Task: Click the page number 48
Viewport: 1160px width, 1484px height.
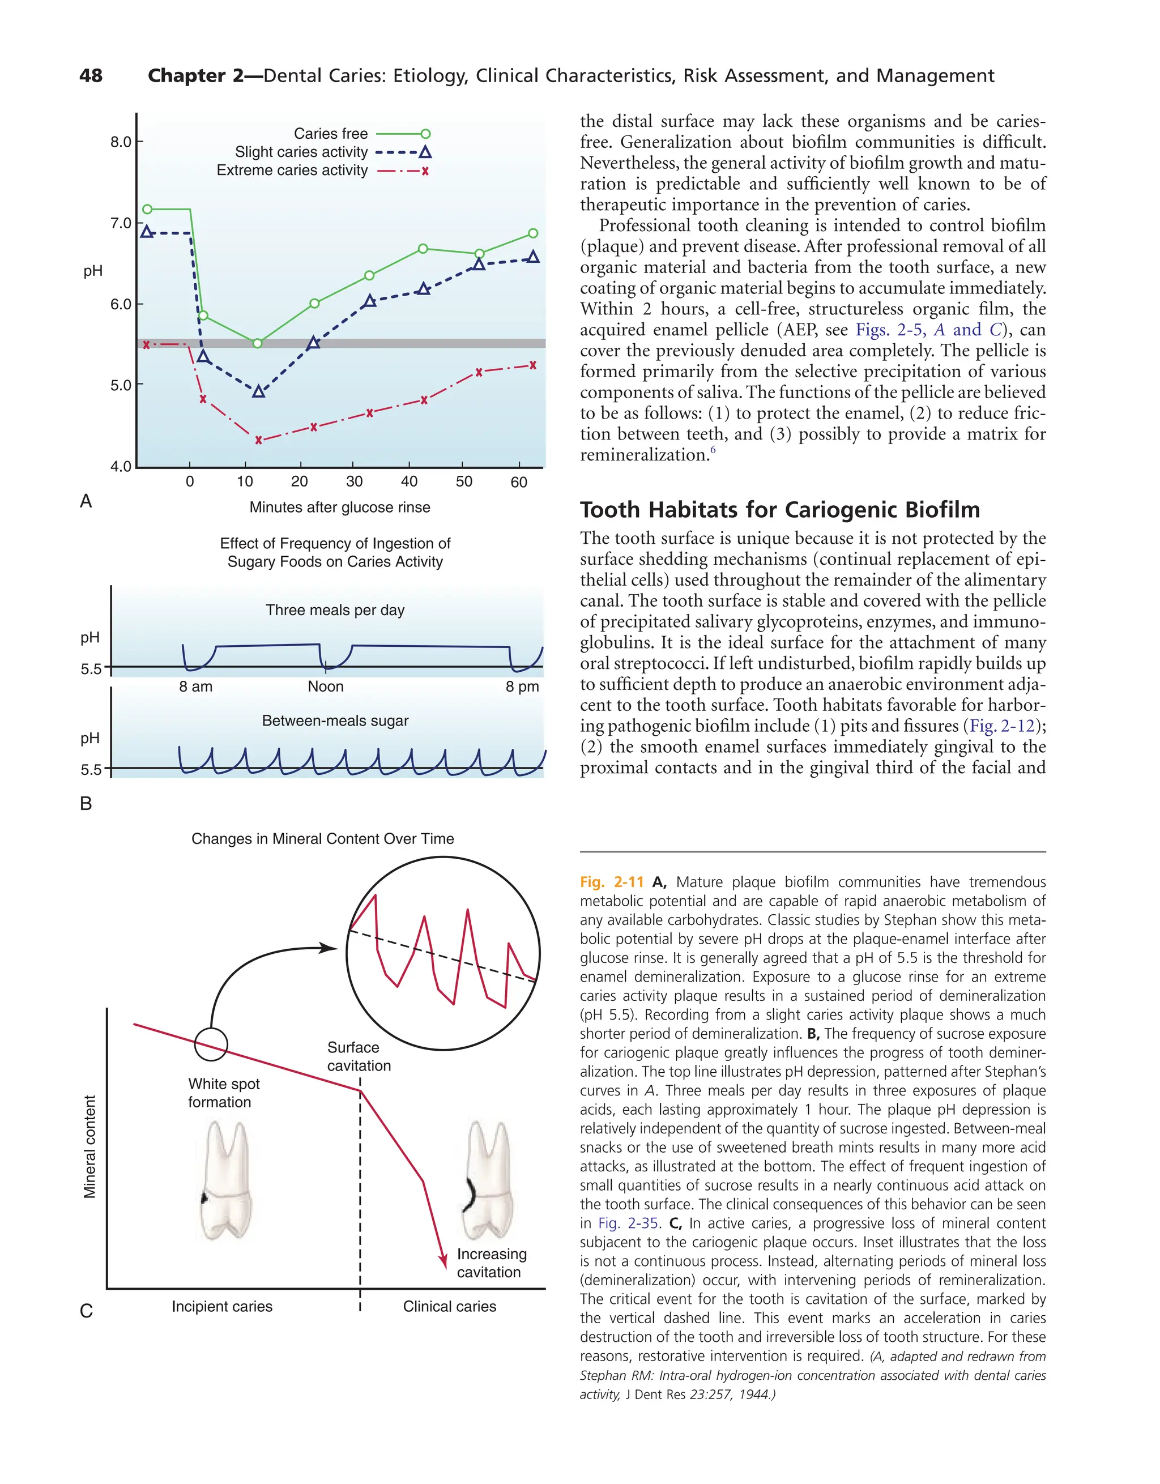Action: pyautogui.click(x=91, y=75)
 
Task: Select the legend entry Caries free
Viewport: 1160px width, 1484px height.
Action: pyautogui.click(x=330, y=134)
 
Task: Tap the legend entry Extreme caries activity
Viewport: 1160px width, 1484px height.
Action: pyautogui.click(x=292, y=170)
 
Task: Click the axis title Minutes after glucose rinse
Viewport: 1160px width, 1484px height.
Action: pyautogui.click(x=340, y=507)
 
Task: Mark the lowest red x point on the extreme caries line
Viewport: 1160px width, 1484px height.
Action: pyautogui.click(x=258, y=440)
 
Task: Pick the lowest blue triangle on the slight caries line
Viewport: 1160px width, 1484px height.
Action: pyautogui.click(x=258, y=392)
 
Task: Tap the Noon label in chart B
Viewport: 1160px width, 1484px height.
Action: pyautogui.click(x=326, y=686)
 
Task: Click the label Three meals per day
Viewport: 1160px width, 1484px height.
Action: pyautogui.click(x=335, y=610)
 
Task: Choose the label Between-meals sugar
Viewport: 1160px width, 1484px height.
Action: pyautogui.click(x=335, y=721)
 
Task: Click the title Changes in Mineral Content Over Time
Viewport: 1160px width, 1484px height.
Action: pyautogui.click(x=323, y=838)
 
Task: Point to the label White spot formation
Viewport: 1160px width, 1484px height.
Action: pyautogui.click(x=224, y=1093)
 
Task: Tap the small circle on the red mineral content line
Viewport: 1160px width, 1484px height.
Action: pyautogui.click(x=211, y=1044)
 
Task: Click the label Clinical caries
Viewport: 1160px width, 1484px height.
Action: pyautogui.click(x=449, y=1306)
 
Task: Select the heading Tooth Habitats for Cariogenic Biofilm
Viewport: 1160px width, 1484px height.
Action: pyautogui.click(x=779, y=510)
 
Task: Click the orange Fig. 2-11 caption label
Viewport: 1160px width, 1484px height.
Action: pyautogui.click(x=611, y=882)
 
